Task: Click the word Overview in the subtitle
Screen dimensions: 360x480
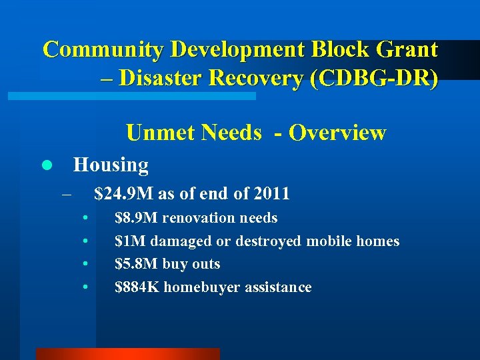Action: coord(337,133)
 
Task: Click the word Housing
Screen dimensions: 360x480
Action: coord(111,164)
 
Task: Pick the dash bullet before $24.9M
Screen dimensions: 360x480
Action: coord(65,195)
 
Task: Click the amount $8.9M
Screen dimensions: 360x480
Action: coord(137,218)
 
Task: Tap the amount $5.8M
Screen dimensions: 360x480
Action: coord(137,264)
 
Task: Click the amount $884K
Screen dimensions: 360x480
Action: coord(137,287)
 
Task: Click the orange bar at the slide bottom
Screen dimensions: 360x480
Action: coord(127,354)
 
